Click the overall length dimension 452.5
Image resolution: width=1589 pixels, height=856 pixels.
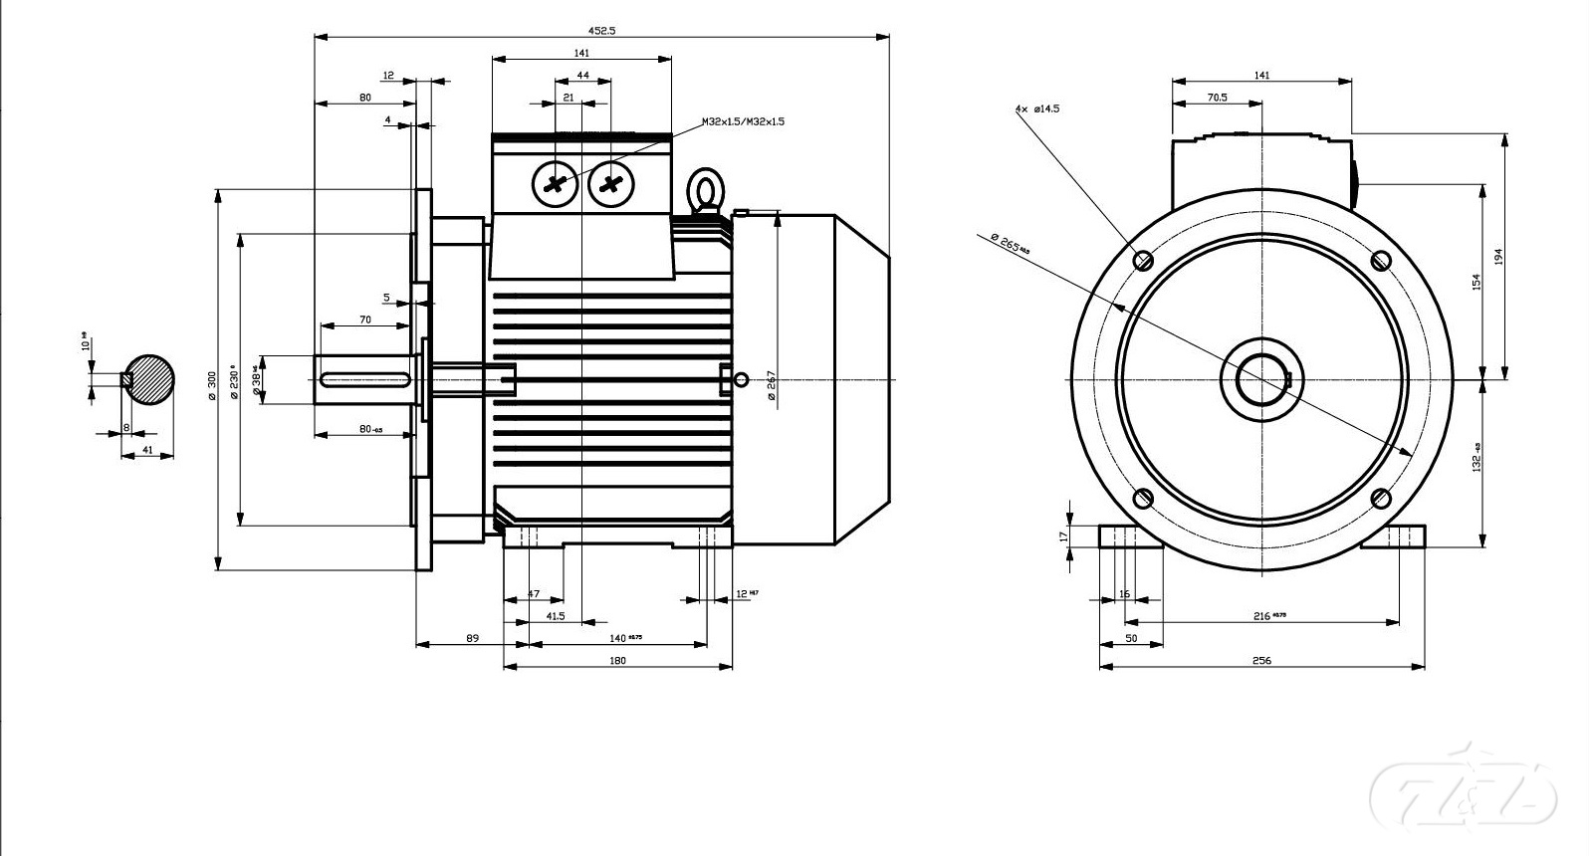point(602,30)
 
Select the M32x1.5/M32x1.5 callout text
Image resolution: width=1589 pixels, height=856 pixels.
point(743,121)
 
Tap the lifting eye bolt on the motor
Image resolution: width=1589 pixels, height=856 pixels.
point(706,190)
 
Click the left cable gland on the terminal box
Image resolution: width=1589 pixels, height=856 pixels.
point(556,184)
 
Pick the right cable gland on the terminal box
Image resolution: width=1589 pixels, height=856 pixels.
point(611,184)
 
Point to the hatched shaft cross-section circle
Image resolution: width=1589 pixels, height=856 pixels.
point(149,379)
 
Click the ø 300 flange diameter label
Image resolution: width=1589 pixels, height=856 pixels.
point(211,385)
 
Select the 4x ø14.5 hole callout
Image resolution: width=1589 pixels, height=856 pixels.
point(1037,107)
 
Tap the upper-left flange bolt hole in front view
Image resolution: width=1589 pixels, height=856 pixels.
point(1144,261)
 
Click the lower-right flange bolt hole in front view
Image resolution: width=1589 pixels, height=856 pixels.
point(1380,498)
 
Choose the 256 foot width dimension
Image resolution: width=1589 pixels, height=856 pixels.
point(1261,661)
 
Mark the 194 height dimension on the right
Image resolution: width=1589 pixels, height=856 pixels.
point(1498,257)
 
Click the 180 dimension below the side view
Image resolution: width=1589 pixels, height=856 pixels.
point(617,661)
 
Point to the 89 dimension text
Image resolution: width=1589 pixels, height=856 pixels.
point(472,638)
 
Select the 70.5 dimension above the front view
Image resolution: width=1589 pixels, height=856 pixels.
point(1217,98)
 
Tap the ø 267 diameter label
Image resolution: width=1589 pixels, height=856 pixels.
point(772,386)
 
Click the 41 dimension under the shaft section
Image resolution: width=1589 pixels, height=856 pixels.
point(147,451)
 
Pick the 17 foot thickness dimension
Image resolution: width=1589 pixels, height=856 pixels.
point(1063,535)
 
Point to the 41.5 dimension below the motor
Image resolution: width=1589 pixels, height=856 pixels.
point(555,616)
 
